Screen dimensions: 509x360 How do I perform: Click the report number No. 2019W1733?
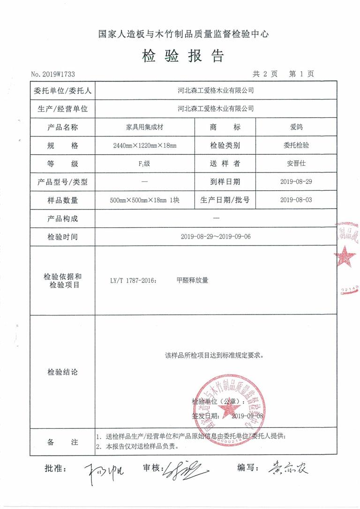[x=53, y=74]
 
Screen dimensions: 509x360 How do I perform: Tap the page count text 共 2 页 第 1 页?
[x=283, y=74]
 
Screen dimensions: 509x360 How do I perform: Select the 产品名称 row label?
[x=62, y=127]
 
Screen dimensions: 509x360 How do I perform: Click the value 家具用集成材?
[x=144, y=127]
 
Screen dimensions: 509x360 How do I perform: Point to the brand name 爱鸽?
[x=296, y=127]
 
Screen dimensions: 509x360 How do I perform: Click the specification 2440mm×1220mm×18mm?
[x=144, y=146]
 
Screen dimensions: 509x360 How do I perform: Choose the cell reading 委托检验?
[x=296, y=145]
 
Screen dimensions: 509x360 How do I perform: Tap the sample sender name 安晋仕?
[x=296, y=164]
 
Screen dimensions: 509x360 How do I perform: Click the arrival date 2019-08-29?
[x=296, y=182]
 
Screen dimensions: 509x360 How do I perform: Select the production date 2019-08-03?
[x=296, y=200]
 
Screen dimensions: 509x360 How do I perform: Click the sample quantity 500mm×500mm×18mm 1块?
[x=144, y=200]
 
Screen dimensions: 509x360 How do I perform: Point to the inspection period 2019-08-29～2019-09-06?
[x=216, y=237]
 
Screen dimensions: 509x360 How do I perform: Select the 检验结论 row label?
[x=62, y=372]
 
